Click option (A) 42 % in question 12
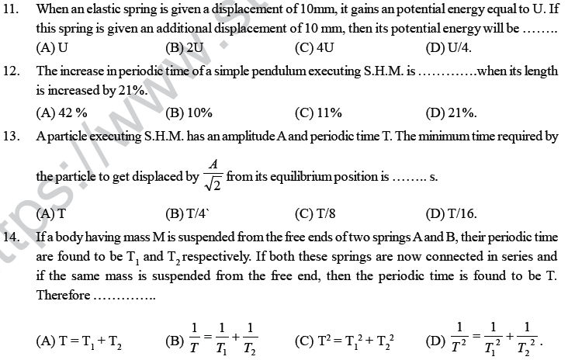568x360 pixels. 61,112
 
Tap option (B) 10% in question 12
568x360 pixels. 189,112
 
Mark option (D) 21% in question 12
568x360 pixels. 451,112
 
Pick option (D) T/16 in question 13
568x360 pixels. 451,212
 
